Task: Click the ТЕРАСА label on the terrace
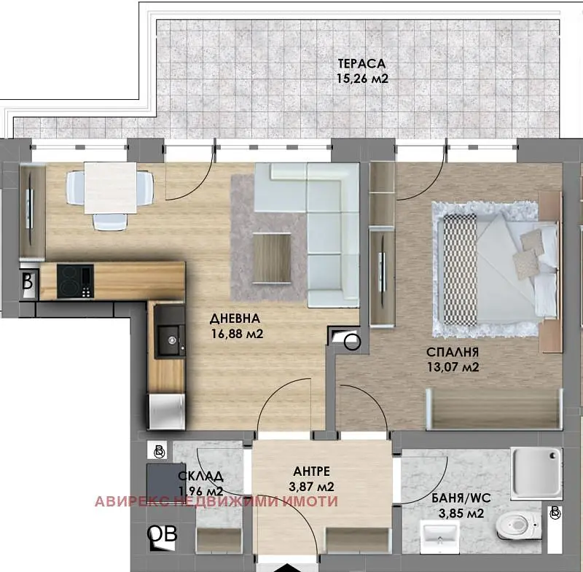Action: (x=361, y=63)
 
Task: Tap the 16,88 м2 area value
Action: (x=238, y=334)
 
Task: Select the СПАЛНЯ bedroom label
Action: (x=453, y=352)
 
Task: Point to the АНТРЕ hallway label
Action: (x=312, y=471)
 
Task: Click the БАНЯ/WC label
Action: (x=461, y=498)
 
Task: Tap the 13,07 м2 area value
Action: (x=453, y=367)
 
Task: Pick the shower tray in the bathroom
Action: (x=536, y=472)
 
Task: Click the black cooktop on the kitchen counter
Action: (x=75, y=281)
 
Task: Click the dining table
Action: (x=111, y=188)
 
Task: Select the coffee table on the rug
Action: (x=272, y=258)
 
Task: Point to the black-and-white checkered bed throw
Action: (x=461, y=270)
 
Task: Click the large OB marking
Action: (x=162, y=534)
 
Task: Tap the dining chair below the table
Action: (x=110, y=222)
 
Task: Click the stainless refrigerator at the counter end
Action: (x=166, y=412)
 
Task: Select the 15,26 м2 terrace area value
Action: (x=362, y=79)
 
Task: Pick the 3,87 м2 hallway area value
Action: (x=311, y=487)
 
